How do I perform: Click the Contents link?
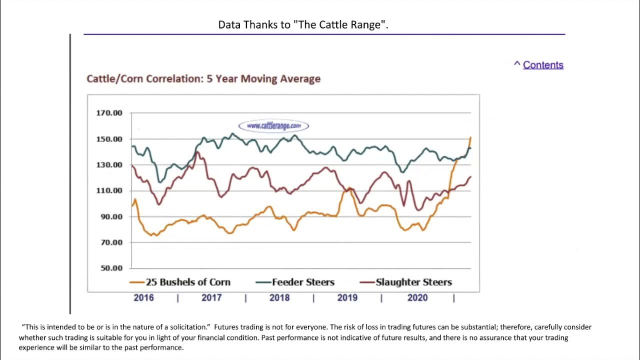[x=542, y=65]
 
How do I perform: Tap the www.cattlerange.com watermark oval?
[x=273, y=126]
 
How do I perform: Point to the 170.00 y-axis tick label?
[x=109, y=113]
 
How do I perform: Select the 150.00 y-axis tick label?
[x=109, y=139]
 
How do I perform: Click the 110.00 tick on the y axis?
[x=109, y=190]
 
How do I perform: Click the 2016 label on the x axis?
[x=143, y=298]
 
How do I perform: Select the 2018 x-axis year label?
[x=279, y=298]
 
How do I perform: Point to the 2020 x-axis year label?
[x=417, y=298]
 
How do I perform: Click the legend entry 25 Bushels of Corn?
[x=187, y=282]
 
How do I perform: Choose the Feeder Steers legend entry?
[x=302, y=282]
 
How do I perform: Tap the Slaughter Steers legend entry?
[x=413, y=282]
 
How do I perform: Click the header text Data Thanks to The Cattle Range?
[x=303, y=25]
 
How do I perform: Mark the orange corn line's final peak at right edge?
[x=470, y=137]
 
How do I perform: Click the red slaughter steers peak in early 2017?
[x=197, y=152]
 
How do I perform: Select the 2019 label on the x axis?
[x=347, y=298]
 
